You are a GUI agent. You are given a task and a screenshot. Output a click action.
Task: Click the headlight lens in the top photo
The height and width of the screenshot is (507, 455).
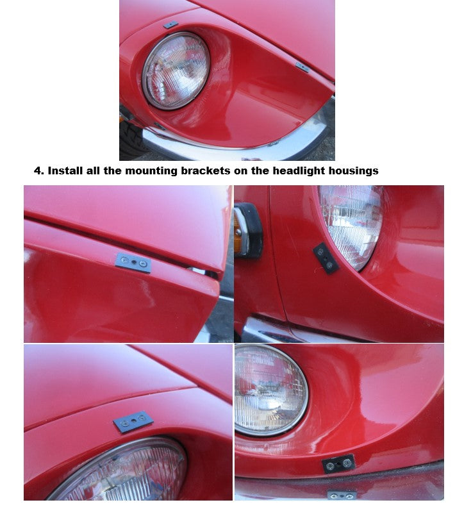pyautogui.click(x=176, y=71)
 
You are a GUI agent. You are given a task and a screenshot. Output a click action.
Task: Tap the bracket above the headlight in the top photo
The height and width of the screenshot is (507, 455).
pyautogui.click(x=170, y=25)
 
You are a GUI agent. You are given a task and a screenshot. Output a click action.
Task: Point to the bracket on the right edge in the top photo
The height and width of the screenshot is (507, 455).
pyautogui.click(x=302, y=67)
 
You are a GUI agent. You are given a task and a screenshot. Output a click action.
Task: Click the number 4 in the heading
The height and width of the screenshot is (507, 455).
pyautogui.click(x=38, y=171)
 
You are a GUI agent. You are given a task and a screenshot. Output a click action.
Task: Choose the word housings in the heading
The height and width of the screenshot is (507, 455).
pyautogui.click(x=352, y=171)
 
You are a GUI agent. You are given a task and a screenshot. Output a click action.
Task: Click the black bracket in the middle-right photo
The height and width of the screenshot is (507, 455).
pyautogui.click(x=326, y=258)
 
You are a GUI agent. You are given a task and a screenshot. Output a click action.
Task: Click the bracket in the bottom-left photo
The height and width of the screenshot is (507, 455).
pyautogui.click(x=133, y=422)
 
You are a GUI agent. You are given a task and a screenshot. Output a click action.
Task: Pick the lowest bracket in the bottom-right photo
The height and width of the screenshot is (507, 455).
pyautogui.click(x=341, y=495)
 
